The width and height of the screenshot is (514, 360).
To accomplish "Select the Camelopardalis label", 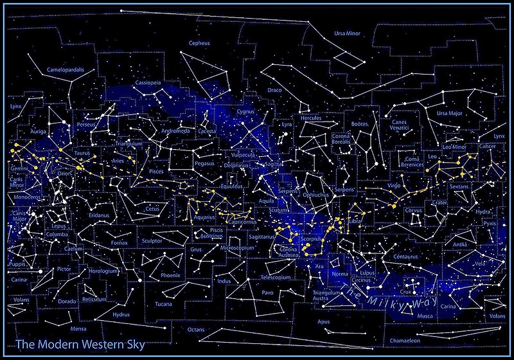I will click(66, 69).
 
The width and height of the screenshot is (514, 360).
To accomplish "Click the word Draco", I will click(274, 90).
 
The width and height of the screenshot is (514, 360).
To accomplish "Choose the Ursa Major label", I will click(449, 113).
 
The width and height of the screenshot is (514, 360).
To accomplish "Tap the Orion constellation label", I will click(65, 173).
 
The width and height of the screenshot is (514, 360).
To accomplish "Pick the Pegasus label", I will click(204, 163).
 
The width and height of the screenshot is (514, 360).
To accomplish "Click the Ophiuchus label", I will click(316, 194).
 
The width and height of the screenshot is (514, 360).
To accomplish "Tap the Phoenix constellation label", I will click(171, 274).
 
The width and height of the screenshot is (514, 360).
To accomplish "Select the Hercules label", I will click(311, 118).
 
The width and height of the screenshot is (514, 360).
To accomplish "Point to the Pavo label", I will click(267, 292).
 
